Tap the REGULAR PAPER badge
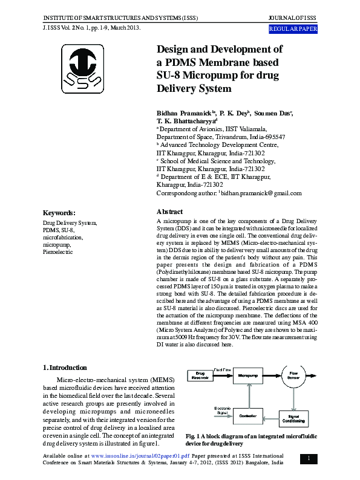[293, 29]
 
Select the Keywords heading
[59, 213]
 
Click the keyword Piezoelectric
[57, 251]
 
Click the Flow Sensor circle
[294, 375]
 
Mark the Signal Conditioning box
[293, 417]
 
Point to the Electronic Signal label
[221, 411]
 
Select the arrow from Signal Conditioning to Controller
[270, 417]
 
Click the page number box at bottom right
[308, 459]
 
